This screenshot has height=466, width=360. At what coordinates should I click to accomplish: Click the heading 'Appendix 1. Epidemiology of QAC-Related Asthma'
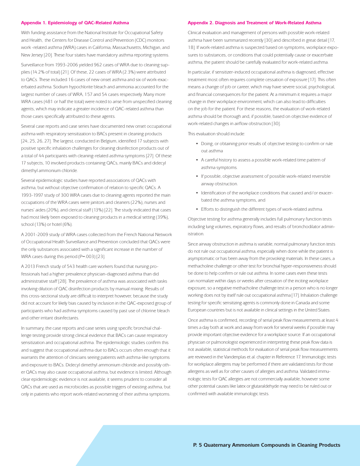[75, 23]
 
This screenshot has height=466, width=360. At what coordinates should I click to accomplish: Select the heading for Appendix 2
[254, 23]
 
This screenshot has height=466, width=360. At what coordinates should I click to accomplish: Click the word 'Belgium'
[93, 141]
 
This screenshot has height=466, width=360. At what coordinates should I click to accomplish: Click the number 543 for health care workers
[71, 266]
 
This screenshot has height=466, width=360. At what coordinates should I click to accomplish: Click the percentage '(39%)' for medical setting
[162, 217]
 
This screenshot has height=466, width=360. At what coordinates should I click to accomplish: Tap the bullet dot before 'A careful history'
[197, 160]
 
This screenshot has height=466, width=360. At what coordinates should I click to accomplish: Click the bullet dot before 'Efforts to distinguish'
[197, 209]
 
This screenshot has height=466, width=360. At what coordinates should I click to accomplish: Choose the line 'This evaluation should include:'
[216, 134]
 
